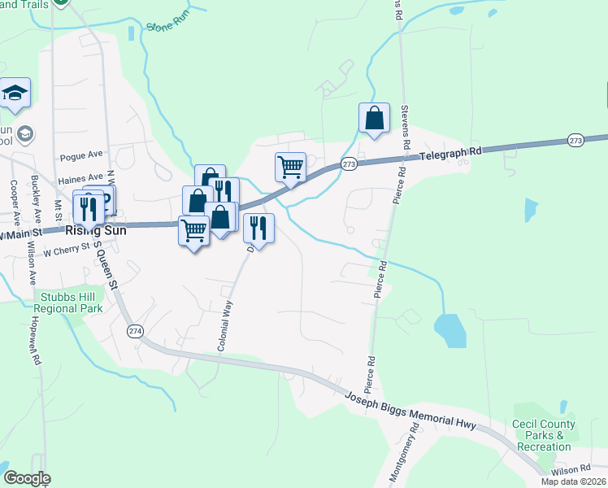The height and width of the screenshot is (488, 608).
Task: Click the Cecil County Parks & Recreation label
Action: coord(543,435)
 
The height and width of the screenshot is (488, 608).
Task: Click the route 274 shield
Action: coord(135,330)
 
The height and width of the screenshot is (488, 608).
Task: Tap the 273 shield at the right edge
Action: coord(575,140)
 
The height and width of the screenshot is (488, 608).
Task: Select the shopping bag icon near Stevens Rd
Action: coord(374,118)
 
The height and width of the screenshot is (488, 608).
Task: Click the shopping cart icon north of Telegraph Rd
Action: coord(290,167)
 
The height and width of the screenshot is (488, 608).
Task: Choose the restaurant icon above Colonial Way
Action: coord(258,229)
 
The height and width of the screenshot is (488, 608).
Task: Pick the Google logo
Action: coord(27,478)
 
